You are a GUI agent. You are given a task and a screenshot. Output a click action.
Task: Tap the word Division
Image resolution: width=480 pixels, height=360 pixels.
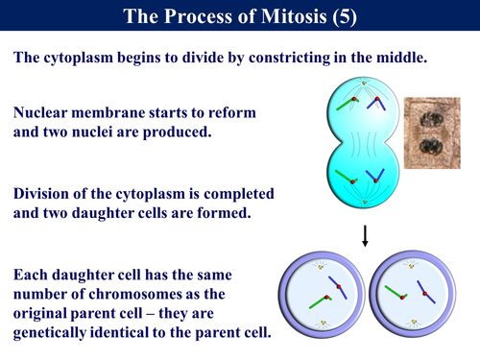point(47,195)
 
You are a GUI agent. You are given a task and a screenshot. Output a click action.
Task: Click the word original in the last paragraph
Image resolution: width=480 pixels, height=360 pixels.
point(42,314)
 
